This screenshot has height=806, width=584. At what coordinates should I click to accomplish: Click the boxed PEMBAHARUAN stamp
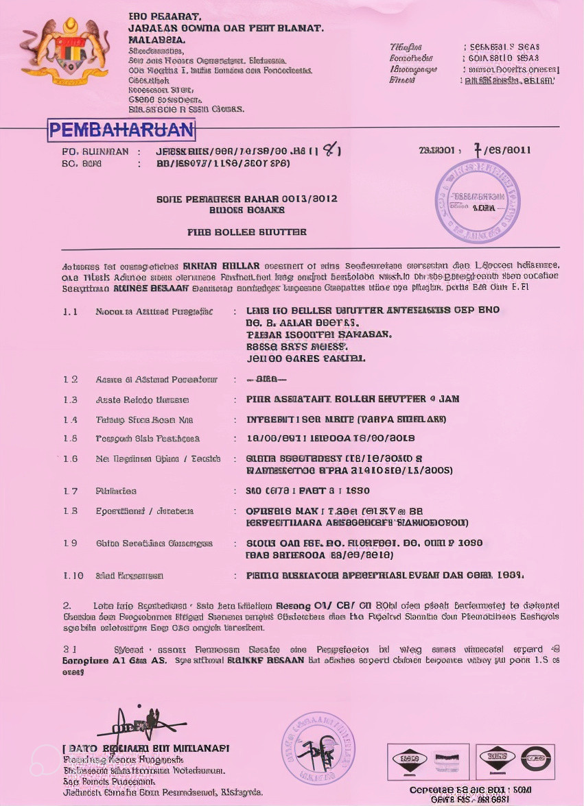click(x=121, y=130)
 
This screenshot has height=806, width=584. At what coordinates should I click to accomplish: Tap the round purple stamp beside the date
click(x=478, y=201)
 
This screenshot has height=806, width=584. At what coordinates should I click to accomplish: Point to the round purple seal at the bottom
click(x=318, y=748)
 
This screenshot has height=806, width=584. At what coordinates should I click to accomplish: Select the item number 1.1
click(x=71, y=311)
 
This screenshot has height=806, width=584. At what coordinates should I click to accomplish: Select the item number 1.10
click(x=73, y=576)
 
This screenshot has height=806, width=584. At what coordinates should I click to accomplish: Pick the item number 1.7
click(x=71, y=491)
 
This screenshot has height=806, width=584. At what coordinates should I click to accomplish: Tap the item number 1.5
click(x=71, y=439)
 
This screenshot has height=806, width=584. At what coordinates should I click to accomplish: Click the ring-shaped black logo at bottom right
click(x=535, y=759)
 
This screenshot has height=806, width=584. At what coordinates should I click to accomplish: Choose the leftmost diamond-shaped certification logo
click(x=409, y=760)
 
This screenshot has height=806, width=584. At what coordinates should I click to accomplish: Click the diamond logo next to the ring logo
click(x=497, y=759)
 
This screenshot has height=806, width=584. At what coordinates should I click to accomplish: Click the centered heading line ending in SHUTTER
click(x=247, y=232)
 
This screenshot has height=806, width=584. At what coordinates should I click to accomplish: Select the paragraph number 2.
click(x=67, y=606)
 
